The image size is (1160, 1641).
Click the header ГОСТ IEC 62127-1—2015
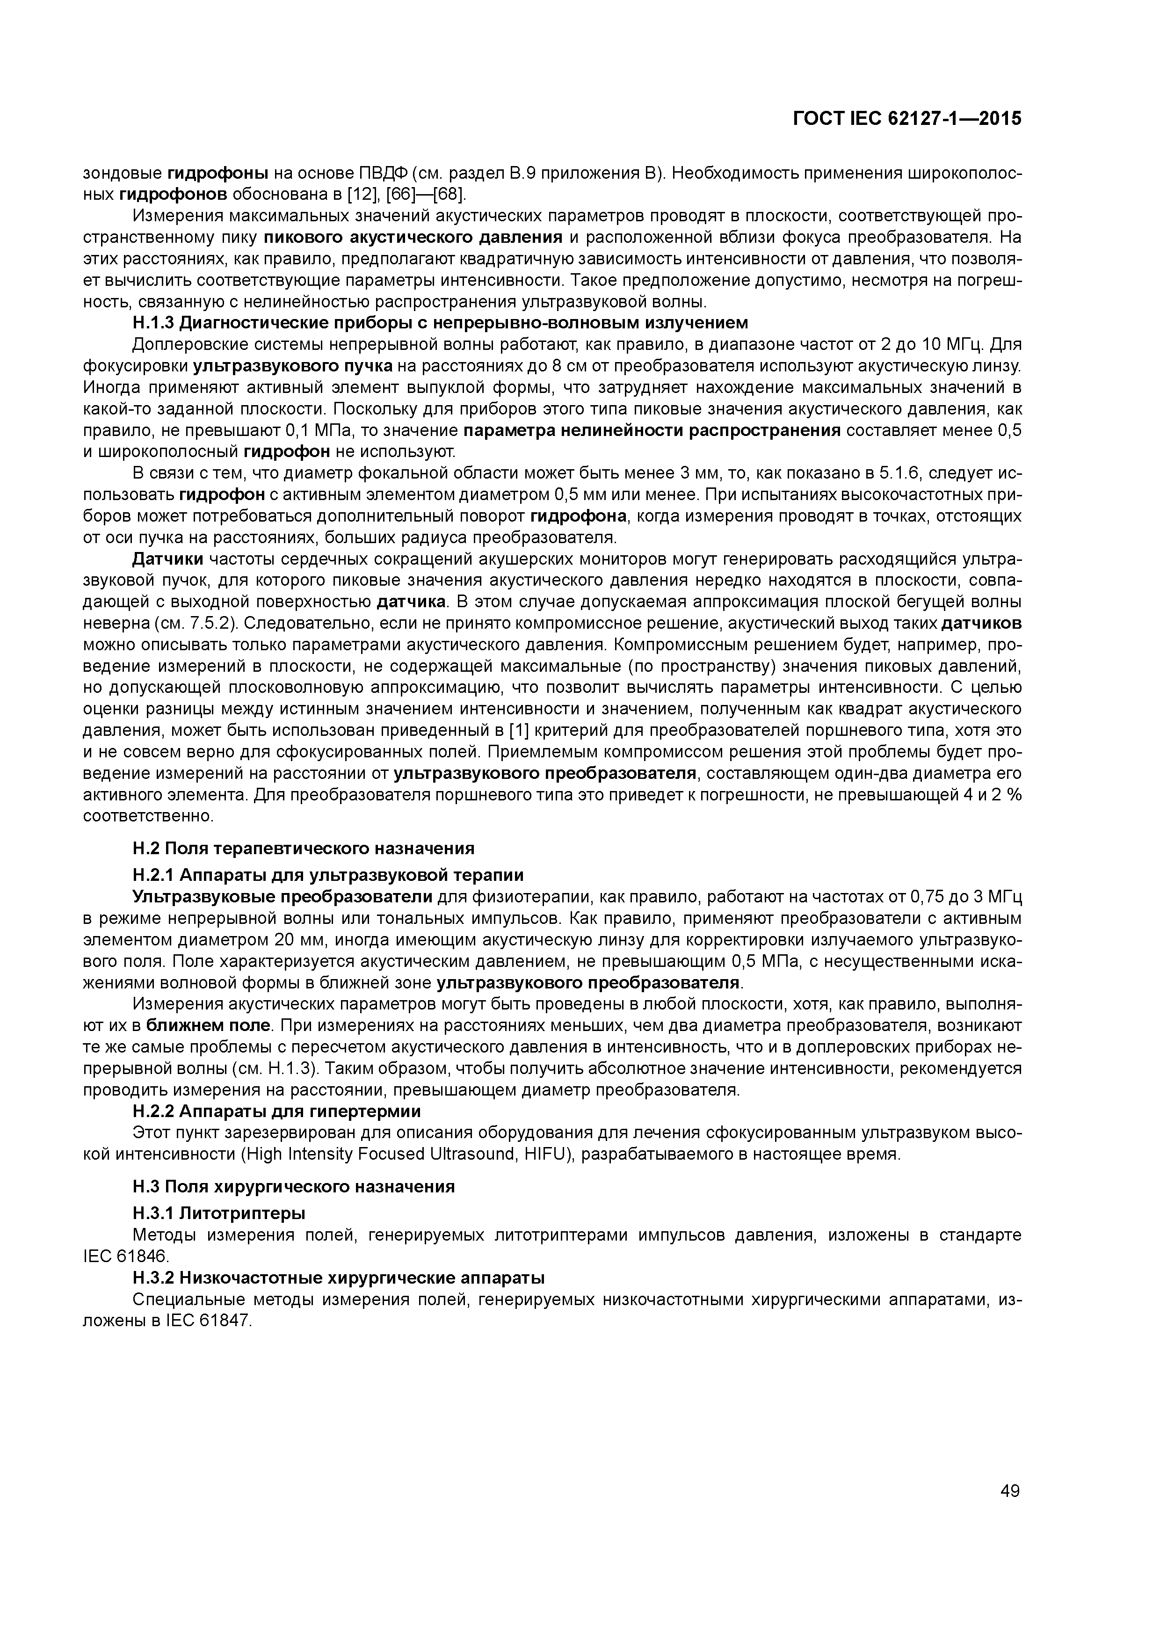(907, 119)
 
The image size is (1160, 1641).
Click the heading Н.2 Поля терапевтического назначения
(304, 849)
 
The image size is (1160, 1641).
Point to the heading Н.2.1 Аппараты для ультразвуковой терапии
(328, 875)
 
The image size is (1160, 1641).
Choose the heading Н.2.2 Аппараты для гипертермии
(276, 1111)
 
